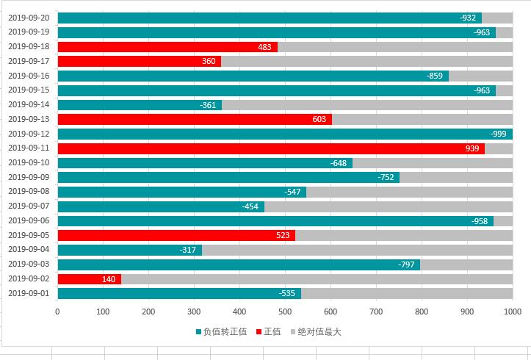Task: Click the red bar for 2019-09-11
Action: (x=270, y=148)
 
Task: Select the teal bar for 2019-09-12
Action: (x=284, y=134)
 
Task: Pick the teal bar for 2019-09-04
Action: (x=129, y=250)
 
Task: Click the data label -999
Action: (x=499, y=134)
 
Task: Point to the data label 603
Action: (x=319, y=119)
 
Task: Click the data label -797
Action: (x=406, y=264)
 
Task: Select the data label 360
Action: (x=209, y=62)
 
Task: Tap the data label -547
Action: (x=292, y=192)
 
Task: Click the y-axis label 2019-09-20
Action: (x=29, y=18)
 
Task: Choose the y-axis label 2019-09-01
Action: (x=29, y=294)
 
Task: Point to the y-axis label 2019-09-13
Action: (x=29, y=119)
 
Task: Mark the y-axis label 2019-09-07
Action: (x=29, y=206)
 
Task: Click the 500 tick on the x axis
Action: (x=285, y=312)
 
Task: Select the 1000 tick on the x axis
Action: (x=512, y=312)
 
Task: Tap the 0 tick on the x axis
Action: (x=57, y=312)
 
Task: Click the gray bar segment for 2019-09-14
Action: (x=366, y=105)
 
